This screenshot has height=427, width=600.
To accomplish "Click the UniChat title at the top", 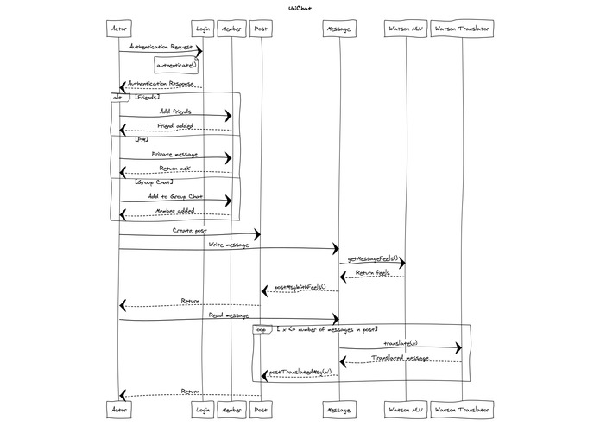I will [300, 8].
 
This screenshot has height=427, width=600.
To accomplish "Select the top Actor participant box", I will [119, 29].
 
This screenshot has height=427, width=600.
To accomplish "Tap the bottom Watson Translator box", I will [462, 408].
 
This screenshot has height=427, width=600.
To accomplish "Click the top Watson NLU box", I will [404, 29].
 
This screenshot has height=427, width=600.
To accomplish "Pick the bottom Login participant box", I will [203, 408].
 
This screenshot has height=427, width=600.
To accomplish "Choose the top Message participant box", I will [338, 29].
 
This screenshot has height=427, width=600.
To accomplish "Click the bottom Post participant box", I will [261, 408].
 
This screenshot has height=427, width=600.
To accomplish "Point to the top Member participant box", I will [231, 29].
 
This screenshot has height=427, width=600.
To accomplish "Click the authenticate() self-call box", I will [176, 65].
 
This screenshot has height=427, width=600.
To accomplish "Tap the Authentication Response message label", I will [161, 84].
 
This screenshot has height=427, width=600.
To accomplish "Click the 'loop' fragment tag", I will [261, 329].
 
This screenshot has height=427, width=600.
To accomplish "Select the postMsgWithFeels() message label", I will [300, 287].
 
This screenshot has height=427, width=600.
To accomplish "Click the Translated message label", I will [400, 357].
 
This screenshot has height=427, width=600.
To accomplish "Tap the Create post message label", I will [189, 231].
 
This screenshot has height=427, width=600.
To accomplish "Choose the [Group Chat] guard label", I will [155, 182].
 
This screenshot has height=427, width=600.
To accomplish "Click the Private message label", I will [175, 154].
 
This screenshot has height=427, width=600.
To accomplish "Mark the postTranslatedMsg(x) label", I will [300, 373].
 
